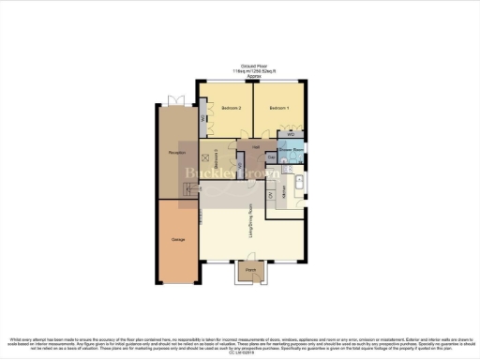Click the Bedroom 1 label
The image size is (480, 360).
click(278, 109)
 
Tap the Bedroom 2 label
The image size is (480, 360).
click(232, 109)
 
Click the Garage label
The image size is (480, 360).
click(176, 240)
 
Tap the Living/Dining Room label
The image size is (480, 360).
click(252, 230)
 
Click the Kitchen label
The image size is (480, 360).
click(284, 188)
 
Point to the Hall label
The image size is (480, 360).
click(254, 146)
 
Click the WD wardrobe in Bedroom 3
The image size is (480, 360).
click(239, 167)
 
